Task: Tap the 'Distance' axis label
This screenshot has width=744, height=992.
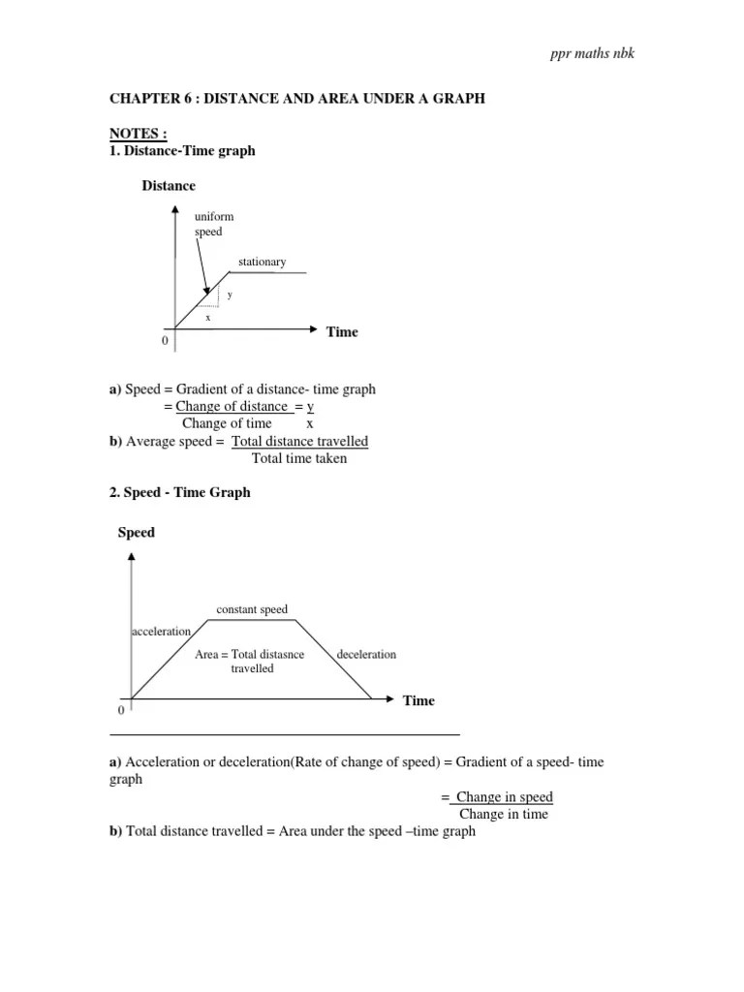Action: [169, 185]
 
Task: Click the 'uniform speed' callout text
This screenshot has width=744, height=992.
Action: [214, 225]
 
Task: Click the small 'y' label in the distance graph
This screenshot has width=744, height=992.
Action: [230, 294]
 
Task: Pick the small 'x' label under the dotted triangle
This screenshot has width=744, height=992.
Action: [207, 317]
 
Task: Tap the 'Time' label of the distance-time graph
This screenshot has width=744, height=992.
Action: [342, 332]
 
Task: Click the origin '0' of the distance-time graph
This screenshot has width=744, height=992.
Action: [164, 341]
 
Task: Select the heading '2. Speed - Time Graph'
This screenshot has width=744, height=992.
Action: [179, 492]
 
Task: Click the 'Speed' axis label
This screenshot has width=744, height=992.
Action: [137, 532]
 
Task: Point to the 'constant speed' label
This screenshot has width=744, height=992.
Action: [252, 609]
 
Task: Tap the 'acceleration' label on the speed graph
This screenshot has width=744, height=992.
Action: [161, 632]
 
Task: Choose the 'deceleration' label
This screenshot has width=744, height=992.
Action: [366, 654]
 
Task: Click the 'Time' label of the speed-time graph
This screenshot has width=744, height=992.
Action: [418, 700]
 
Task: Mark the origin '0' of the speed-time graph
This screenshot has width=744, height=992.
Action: [121, 710]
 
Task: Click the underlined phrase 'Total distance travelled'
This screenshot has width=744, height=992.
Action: [300, 441]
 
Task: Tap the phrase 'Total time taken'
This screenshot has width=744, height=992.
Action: [299, 458]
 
